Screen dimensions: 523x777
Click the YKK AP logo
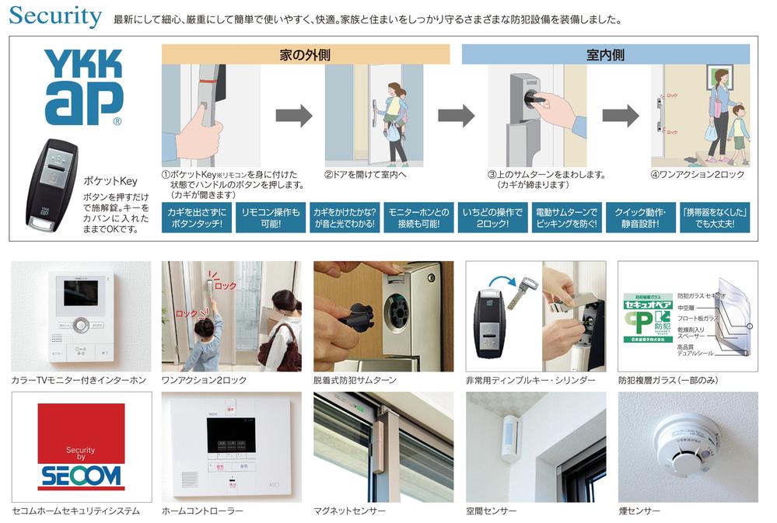pyautogui.click(x=83, y=87)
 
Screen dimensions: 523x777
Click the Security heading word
pyautogui.click(x=55, y=16)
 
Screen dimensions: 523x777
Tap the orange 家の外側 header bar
pyautogui.click(x=305, y=55)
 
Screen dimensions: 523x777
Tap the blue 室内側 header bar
pyautogui.click(x=605, y=55)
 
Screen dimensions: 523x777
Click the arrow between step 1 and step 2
pyautogui.click(x=293, y=116)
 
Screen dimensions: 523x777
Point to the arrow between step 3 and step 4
pyautogui.click(x=620, y=116)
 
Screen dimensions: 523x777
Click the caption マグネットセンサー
pyautogui.click(x=349, y=511)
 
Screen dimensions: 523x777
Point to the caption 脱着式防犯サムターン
pyautogui.click(x=355, y=380)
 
